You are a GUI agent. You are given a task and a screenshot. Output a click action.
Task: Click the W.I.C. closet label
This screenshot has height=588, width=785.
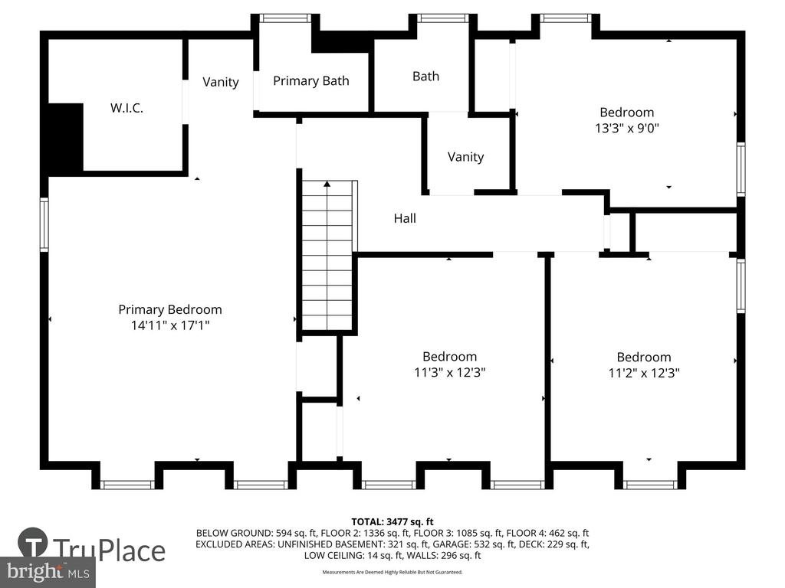(x=126, y=108)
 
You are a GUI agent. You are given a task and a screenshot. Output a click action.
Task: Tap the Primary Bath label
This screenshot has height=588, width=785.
(x=311, y=81)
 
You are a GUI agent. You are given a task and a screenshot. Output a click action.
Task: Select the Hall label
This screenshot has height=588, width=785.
(x=405, y=218)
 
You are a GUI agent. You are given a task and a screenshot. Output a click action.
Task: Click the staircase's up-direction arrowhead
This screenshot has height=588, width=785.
(x=327, y=184)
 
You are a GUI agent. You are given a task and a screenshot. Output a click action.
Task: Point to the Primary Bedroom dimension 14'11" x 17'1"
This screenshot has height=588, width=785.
(x=170, y=325)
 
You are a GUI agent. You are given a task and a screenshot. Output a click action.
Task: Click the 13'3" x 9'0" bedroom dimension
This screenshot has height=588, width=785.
(x=627, y=128)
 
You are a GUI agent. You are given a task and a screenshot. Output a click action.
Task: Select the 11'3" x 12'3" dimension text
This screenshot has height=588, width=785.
(x=449, y=373)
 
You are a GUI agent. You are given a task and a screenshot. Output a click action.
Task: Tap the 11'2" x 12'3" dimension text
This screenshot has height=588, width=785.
(x=644, y=373)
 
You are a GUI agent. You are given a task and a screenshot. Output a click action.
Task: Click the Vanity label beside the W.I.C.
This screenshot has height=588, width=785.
(x=220, y=82)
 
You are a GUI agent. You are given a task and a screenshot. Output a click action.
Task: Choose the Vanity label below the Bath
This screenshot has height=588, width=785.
(x=465, y=157)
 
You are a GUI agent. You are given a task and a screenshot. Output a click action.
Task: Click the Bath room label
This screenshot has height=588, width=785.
(x=425, y=76)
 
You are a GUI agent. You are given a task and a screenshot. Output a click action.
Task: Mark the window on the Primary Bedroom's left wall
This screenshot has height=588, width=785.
(x=44, y=224)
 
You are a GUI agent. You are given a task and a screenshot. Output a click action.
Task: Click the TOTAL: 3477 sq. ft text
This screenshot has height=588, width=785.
(x=392, y=522)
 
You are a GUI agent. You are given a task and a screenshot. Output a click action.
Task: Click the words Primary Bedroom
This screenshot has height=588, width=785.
(x=170, y=310)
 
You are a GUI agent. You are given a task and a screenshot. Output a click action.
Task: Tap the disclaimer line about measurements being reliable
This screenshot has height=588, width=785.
(x=392, y=572)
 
